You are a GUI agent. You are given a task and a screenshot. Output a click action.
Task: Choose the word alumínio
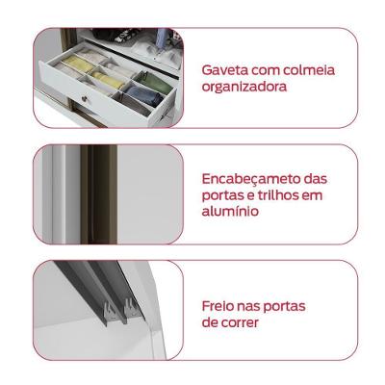click(x=229, y=212)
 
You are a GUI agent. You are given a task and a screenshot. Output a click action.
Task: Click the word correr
click(x=240, y=323)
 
